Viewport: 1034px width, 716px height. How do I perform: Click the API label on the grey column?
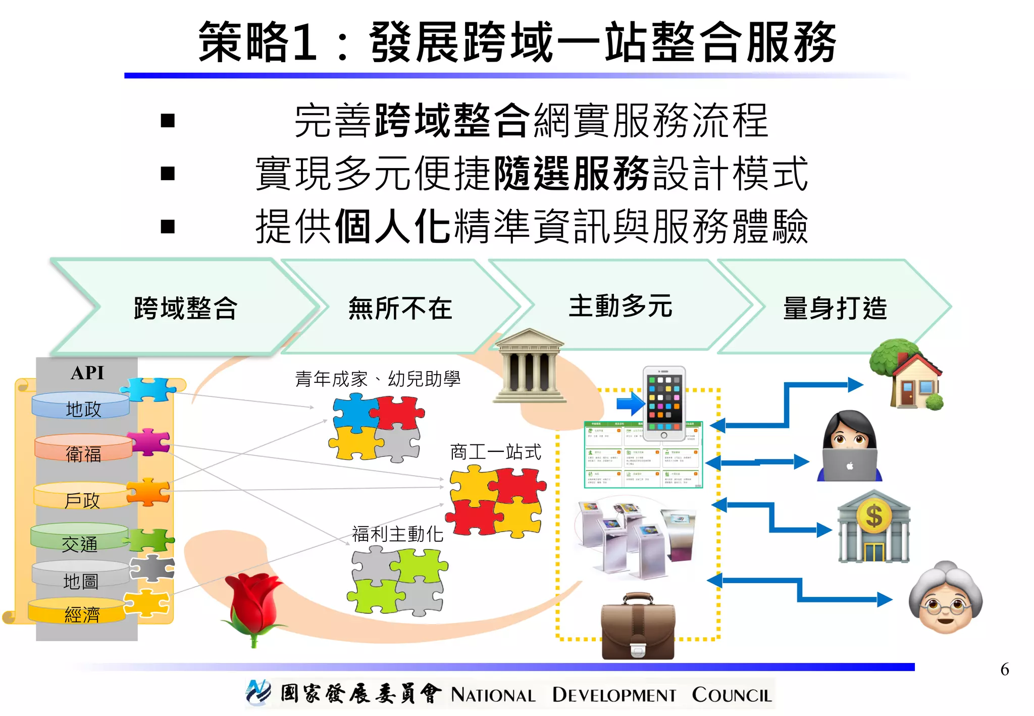(87, 373)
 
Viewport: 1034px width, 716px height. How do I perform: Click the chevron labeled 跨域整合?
(185, 308)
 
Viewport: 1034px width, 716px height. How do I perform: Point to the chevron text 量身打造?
(835, 308)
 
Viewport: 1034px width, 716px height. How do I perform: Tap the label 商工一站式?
(495, 451)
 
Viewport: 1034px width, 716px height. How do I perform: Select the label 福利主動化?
(397, 534)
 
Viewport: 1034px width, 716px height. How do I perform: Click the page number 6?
(1004, 670)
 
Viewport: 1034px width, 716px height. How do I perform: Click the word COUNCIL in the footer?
(732, 695)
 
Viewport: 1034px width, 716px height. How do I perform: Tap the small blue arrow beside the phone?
(630, 404)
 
